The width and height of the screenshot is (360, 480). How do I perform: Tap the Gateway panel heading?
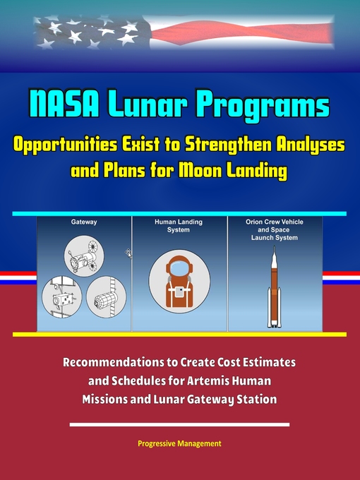tap(84, 221)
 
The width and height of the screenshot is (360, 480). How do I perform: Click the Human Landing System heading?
tap(179, 225)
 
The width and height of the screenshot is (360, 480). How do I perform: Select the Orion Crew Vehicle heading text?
tap(275, 221)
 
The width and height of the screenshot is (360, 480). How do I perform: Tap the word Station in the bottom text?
tap(252, 400)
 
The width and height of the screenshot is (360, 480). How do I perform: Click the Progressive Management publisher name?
tap(180, 443)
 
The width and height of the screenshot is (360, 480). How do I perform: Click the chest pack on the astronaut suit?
tap(179, 292)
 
